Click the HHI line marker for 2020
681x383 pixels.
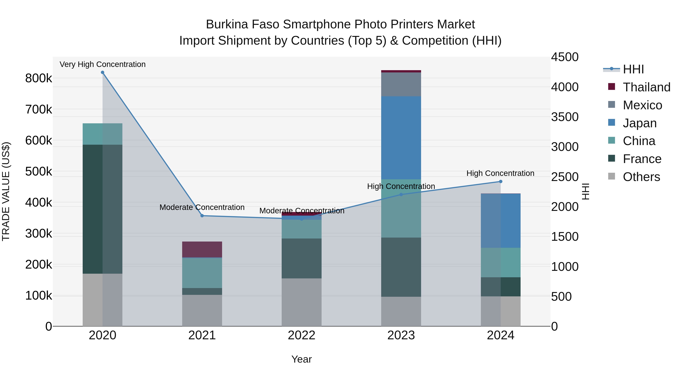point(103,72)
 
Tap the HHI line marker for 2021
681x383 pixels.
point(202,216)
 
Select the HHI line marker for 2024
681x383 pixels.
point(500,182)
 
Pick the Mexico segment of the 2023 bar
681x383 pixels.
point(401,84)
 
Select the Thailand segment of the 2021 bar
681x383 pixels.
point(202,249)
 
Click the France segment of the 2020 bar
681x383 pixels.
point(103,209)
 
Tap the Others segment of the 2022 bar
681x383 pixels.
point(301,302)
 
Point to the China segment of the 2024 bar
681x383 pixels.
point(500,263)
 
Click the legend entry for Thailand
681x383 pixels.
point(646,87)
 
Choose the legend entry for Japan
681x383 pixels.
point(640,123)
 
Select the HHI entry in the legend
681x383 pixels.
point(633,69)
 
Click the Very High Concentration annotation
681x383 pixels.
point(103,64)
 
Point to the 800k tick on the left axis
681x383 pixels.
point(39,78)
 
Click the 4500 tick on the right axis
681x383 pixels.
point(565,57)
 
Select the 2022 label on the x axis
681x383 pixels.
point(301,335)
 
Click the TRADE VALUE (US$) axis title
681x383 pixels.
point(6,191)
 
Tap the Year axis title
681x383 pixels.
point(301,359)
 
